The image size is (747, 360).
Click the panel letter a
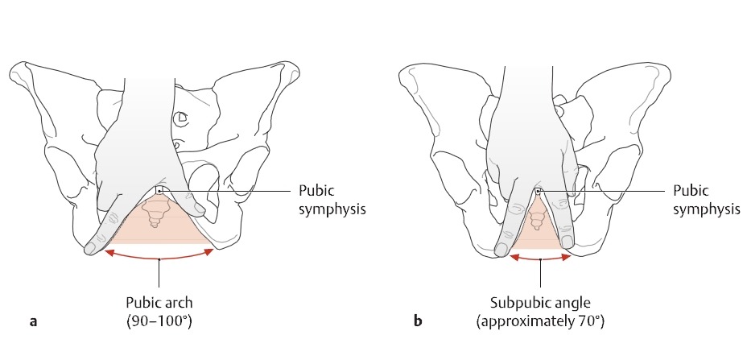click(33, 323)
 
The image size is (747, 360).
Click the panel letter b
click(418, 323)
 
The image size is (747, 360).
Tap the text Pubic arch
click(160, 304)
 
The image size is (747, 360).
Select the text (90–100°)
click(160, 322)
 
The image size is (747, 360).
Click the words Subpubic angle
click(540, 304)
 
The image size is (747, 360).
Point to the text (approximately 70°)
click(540, 322)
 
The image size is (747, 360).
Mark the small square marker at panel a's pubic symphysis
click(159, 190)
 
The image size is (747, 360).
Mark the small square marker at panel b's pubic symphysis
click(538, 191)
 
